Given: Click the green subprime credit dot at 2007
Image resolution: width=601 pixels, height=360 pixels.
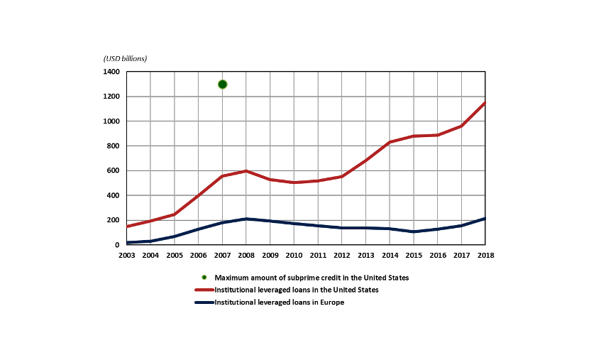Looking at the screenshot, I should [222, 84].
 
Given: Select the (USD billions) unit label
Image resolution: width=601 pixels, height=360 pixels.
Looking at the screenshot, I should [130, 58].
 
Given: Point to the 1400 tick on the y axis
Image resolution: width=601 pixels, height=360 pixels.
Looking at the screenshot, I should [111, 72].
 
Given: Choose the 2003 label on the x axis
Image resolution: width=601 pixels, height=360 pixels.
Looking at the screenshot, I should [127, 254].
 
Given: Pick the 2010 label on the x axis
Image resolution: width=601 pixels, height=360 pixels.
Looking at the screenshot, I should [294, 254].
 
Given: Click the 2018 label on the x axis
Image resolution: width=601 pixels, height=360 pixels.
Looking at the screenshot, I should [485, 254].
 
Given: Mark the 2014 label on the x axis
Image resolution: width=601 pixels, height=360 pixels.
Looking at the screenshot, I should [389, 254].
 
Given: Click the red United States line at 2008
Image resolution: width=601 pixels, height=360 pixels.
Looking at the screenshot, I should [246, 171].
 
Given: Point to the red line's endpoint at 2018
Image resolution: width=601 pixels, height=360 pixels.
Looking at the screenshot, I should [485, 103].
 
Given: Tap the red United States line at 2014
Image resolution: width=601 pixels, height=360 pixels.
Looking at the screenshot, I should [389, 142].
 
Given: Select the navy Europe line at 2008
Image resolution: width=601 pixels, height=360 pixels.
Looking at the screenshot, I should [246, 219].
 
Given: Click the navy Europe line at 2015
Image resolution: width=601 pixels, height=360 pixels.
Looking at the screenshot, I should [413, 231].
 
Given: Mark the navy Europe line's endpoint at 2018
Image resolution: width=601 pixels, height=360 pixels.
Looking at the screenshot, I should [485, 219].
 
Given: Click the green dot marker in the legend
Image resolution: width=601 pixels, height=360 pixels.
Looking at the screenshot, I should [204, 278].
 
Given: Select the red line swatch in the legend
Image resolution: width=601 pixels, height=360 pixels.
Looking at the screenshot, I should [204, 290].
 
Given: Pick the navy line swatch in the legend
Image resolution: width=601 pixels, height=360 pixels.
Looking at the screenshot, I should [204, 302].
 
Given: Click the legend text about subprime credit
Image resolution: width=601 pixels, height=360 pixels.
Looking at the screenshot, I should [311, 278].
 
